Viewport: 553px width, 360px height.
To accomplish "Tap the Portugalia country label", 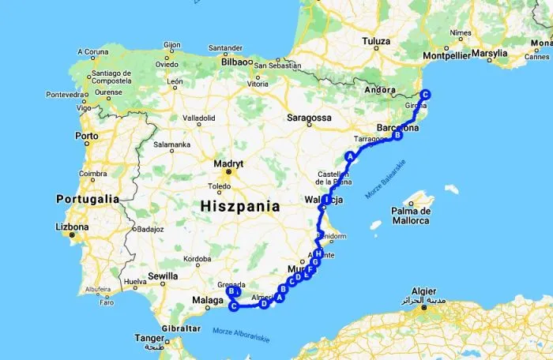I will coord(87,199).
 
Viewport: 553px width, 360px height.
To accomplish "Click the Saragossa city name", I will coord(309,118).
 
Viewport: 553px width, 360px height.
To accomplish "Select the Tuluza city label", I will coord(376,41).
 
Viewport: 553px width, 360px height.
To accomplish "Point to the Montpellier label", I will coord(446,54).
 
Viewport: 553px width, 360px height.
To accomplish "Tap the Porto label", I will coord(87,136).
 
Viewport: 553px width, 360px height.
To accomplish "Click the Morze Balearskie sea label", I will coord(386,179).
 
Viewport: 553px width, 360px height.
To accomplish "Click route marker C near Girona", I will coord(425,95).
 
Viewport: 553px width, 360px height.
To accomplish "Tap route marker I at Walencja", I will coord(326,199).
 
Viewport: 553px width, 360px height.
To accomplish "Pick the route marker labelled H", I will coord(318,253).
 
